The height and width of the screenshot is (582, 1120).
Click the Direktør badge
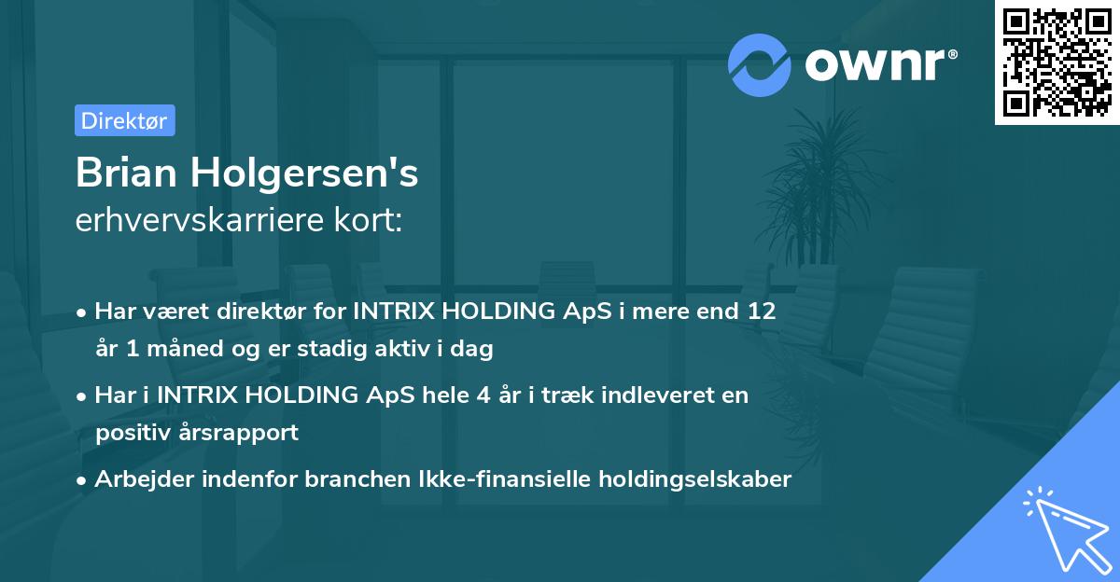pyautogui.click(x=124, y=120)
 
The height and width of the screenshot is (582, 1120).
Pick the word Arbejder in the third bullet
pyautogui.click(x=139, y=479)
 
